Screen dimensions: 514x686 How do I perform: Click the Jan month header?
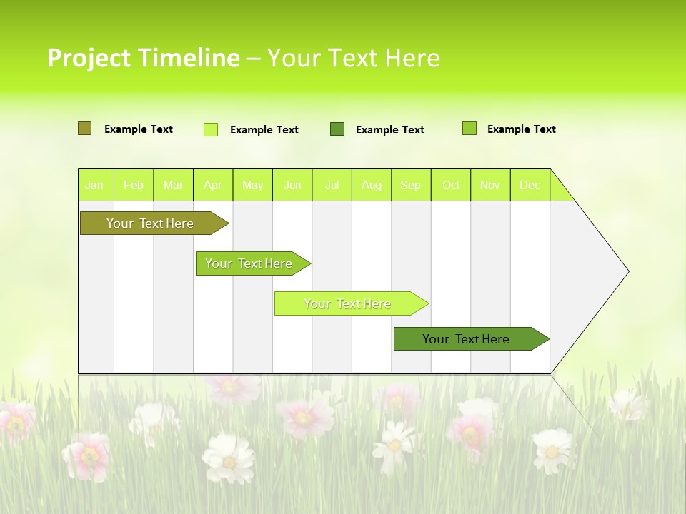94,185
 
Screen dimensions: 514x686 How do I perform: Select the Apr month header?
213,185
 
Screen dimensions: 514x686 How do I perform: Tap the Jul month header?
332,185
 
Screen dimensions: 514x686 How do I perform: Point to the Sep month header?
410,185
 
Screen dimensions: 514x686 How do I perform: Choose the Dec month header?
530,185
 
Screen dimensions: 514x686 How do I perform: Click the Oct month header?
451,185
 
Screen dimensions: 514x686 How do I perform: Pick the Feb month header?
134,185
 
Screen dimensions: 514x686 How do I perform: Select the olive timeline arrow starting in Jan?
151,223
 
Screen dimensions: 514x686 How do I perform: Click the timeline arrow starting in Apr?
249,263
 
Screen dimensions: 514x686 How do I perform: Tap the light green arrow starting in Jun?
348,303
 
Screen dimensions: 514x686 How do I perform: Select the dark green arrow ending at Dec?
467,339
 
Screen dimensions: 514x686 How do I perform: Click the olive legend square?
84,128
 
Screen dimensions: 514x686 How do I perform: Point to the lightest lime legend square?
211,129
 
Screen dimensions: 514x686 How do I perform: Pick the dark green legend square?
337,129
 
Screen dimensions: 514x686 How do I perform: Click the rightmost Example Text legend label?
521,129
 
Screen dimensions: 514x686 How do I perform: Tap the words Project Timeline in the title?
143,58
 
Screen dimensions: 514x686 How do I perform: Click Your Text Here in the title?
353,58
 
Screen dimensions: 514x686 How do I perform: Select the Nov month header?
490,185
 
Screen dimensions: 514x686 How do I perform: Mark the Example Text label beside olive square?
138,129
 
